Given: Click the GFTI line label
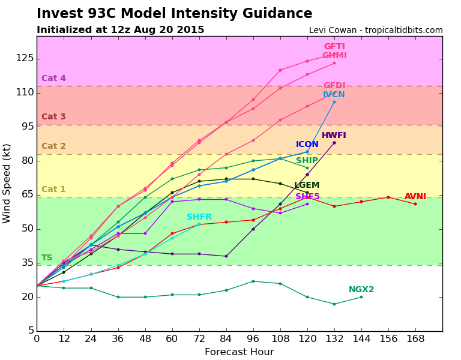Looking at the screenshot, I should click(x=334, y=47).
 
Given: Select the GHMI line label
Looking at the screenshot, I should click(x=334, y=56).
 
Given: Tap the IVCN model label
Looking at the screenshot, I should click(x=334, y=95).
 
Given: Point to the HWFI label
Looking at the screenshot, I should click(x=334, y=136).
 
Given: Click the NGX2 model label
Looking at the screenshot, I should click(x=361, y=290).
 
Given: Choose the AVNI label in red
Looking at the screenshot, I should click(x=415, y=197).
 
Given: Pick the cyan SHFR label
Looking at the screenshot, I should click(x=199, y=217).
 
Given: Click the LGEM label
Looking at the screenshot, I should click(x=307, y=185).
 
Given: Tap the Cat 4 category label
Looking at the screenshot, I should click(x=53, y=79).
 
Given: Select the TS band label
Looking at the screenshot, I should click(x=47, y=258).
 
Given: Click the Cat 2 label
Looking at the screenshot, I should click(x=53, y=146).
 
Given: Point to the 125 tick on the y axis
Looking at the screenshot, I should click(x=25, y=58).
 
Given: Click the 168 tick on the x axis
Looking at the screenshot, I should click(x=415, y=339).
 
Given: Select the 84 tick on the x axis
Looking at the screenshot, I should click(x=226, y=339).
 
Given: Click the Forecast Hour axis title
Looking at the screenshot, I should click(x=239, y=352).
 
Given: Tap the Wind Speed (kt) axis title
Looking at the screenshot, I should click(x=7, y=183).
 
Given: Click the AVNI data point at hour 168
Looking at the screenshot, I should click(x=415, y=204).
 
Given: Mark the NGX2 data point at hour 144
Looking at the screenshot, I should click(x=361, y=297).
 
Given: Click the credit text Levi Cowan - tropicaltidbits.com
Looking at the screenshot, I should click(x=376, y=30).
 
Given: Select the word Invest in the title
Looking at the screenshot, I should click(x=58, y=14).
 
